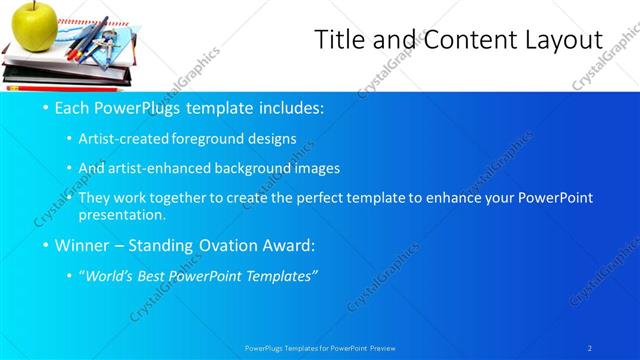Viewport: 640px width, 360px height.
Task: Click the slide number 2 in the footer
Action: coord(590,348)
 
